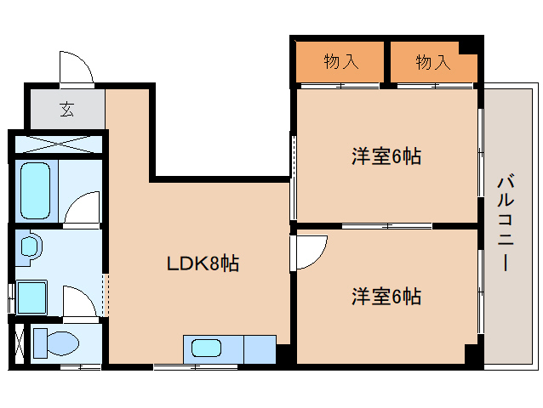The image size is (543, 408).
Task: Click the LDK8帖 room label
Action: point(202,263)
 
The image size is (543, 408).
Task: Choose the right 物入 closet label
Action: point(432,61)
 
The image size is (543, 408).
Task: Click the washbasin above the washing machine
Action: point(30,247)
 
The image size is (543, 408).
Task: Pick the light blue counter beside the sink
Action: point(260,348)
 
